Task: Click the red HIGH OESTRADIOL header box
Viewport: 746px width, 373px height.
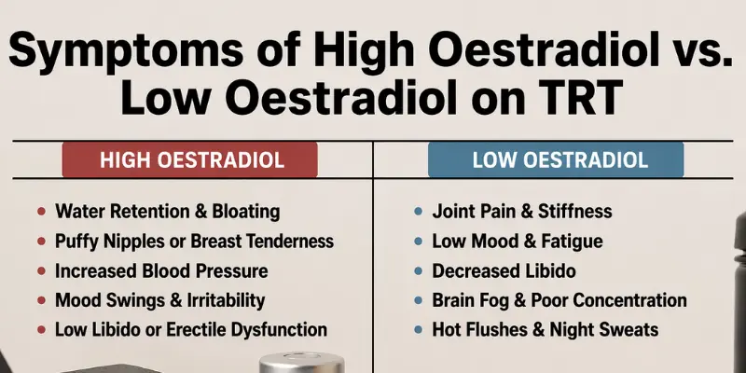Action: pos(190,160)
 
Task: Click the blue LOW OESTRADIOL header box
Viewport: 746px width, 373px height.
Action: pos(556,160)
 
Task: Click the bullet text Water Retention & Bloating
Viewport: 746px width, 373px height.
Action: pos(167,213)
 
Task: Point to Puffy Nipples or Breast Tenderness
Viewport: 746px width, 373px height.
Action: pos(194,242)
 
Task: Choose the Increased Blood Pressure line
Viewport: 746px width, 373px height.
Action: pos(161,271)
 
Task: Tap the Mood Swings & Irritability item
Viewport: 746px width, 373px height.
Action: pos(159,300)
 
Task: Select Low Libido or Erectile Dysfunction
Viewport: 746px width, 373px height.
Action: pos(190,330)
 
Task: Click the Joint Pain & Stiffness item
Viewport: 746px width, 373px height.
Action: pos(522,213)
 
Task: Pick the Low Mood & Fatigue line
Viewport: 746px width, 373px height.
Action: pos(517,242)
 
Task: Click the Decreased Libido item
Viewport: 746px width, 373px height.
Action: pos(504,271)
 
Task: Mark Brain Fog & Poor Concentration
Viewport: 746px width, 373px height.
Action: pos(559,300)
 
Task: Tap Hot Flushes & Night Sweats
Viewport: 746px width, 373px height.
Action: pos(545,330)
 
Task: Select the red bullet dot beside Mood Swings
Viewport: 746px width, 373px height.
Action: pos(37,301)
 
